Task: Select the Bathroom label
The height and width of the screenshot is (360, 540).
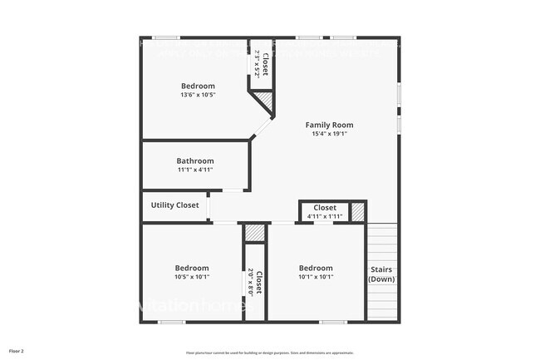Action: point(195,160)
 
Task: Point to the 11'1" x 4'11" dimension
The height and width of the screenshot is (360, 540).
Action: point(195,170)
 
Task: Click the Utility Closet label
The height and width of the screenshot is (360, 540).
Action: point(174,205)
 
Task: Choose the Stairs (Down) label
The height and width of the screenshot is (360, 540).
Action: point(381,274)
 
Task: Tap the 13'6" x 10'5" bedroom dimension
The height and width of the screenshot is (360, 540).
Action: point(198,95)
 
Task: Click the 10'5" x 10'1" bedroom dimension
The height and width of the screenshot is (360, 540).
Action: point(192,277)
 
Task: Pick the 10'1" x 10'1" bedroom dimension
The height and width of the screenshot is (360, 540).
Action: point(316,277)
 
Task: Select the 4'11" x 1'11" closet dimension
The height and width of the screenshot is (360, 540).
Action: point(324,216)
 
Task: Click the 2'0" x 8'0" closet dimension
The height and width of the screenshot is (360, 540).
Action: point(251,281)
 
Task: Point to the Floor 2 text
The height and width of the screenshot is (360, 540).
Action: point(17,351)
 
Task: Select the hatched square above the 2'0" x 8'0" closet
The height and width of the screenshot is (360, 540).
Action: point(255,233)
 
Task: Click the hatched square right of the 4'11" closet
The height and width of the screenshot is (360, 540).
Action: point(358,212)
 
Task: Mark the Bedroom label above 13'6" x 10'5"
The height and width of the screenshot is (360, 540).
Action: point(198,86)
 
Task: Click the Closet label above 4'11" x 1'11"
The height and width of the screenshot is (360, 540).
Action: point(324,207)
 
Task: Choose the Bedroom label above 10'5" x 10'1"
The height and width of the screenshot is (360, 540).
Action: point(192,268)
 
